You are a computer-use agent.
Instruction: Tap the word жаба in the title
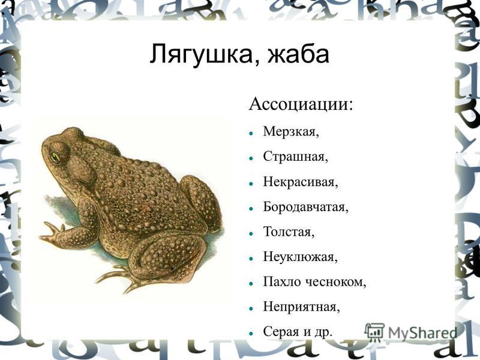pos(298,54)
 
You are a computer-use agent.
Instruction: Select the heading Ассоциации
pos(301,104)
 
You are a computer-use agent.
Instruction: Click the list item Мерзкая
pos(291,131)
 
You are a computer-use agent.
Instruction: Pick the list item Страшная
pos(295,157)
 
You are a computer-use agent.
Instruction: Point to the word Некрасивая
pos(301,182)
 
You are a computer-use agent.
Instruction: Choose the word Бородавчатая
pos(305,207)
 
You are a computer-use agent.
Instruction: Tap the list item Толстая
pos(289,232)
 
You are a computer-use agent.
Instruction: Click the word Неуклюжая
pos(300,257)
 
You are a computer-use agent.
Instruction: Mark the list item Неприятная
pos(301,307)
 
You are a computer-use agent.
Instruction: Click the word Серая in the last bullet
pos(281,332)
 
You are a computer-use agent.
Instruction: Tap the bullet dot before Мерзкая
pos(251,133)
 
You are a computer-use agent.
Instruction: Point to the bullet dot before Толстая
pos(251,233)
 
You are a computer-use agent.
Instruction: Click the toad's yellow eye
pos(55,157)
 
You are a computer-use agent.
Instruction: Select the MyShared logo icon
pos(374,332)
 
